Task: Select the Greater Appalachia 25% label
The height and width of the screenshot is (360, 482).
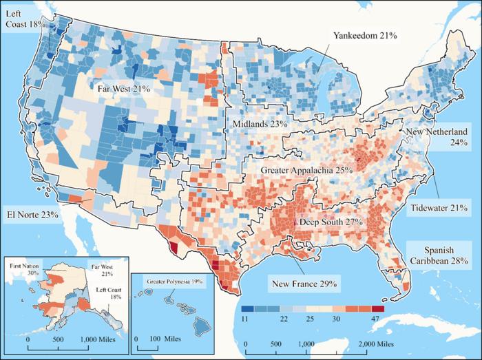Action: (306, 169)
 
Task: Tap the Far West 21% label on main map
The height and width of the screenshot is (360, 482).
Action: (123, 89)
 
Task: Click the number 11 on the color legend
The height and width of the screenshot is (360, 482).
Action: (246, 320)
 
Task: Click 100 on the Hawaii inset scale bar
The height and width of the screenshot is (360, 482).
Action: (156, 339)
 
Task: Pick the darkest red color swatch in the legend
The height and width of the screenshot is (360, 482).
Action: (377, 308)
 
